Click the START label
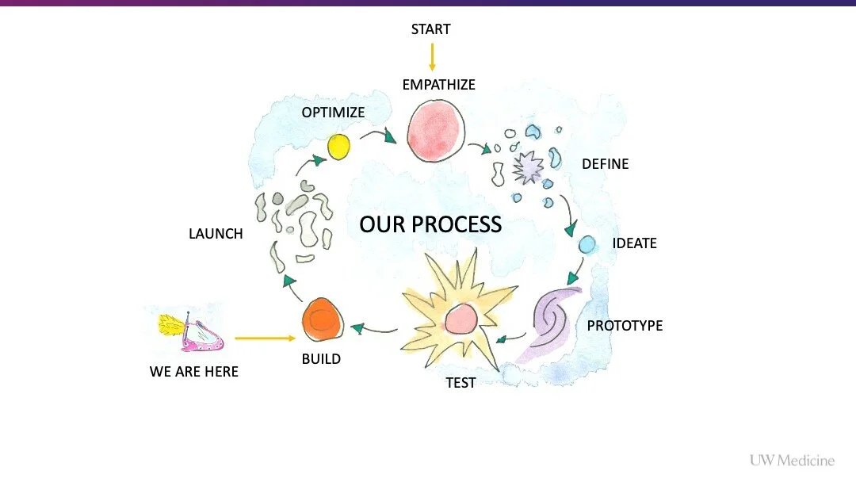(x=430, y=29)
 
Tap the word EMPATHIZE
(x=438, y=84)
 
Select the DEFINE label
(x=605, y=164)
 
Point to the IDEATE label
(x=634, y=243)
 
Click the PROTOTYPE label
(x=625, y=326)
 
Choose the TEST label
(x=460, y=383)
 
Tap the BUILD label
(x=321, y=359)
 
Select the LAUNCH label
(x=216, y=234)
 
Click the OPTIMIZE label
(x=333, y=113)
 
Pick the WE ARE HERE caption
(x=193, y=371)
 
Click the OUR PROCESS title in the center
(x=430, y=224)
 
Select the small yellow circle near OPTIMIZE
(x=338, y=147)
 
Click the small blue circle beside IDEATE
(x=587, y=245)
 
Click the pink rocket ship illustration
(x=194, y=333)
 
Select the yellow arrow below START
(x=432, y=56)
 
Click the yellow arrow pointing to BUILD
(x=265, y=339)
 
